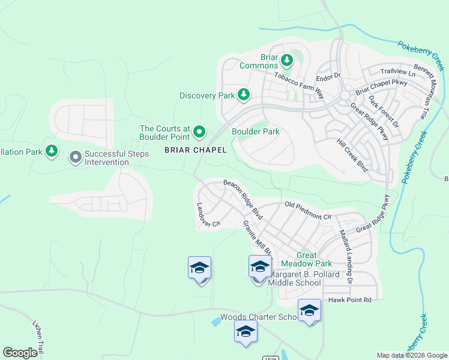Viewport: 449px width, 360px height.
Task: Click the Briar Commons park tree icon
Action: [x=287, y=59]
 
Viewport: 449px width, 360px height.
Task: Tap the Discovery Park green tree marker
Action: [x=243, y=95]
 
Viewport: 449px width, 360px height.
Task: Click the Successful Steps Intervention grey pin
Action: [x=75, y=157]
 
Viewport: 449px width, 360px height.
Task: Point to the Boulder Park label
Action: [x=256, y=131]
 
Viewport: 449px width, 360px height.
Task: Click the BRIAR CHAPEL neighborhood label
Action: [x=196, y=150]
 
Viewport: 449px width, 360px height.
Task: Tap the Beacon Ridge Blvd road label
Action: [x=244, y=196]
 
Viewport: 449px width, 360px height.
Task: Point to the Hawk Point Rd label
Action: [x=350, y=299]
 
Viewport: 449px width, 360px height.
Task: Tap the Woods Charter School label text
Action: [x=259, y=317]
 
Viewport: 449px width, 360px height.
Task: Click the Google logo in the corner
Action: [x=20, y=353]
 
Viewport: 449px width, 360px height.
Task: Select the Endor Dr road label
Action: [x=328, y=77]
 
